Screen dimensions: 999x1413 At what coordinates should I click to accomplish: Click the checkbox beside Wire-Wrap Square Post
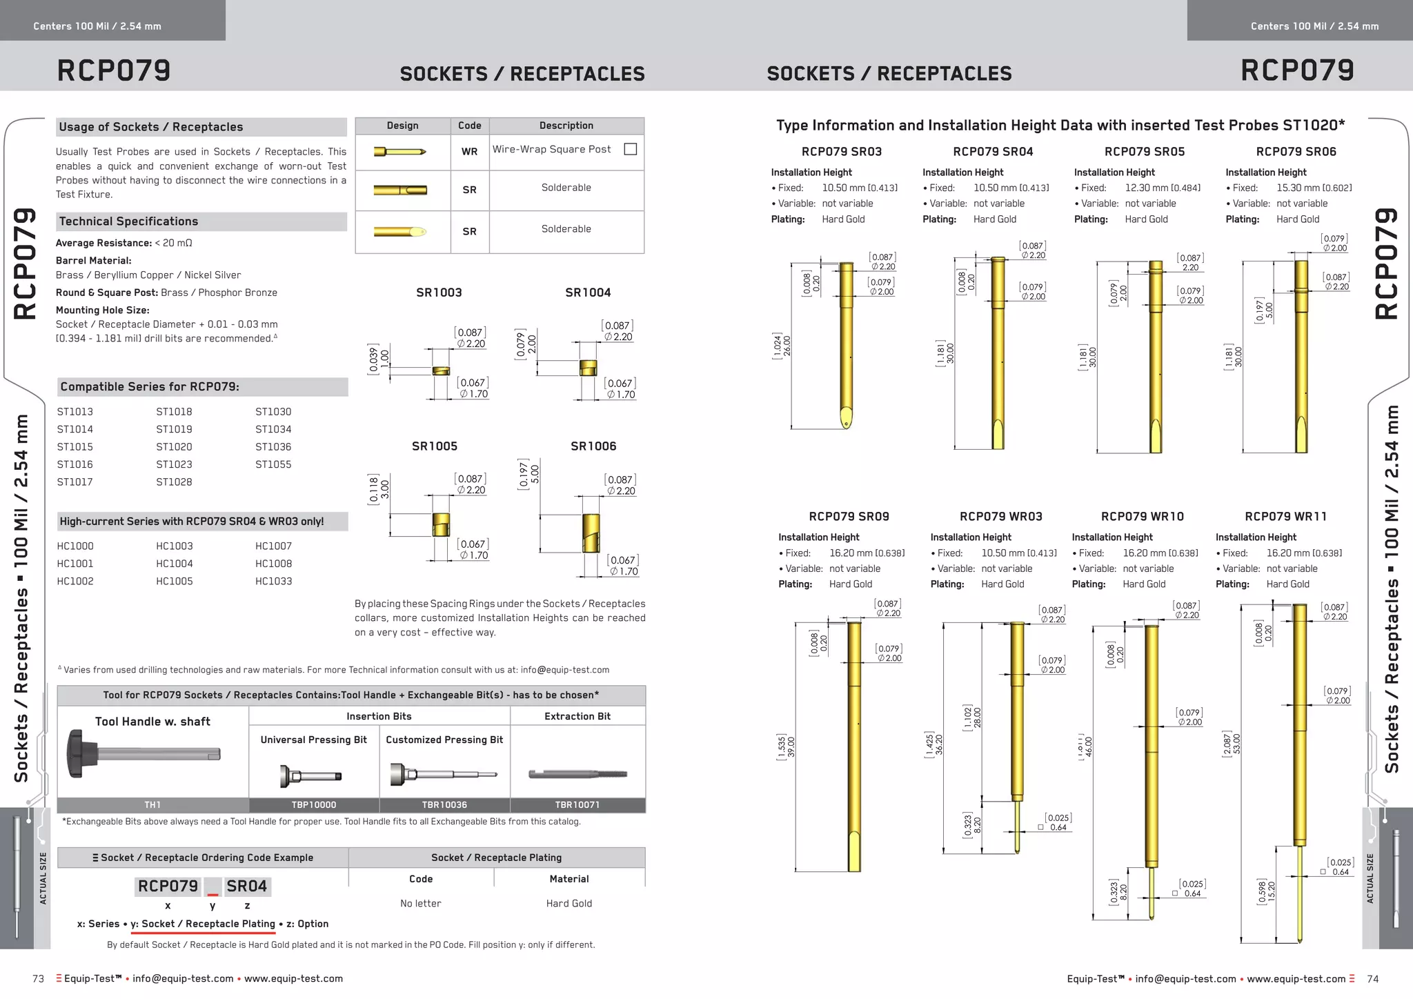(x=630, y=149)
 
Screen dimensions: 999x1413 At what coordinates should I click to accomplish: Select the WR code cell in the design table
(x=469, y=152)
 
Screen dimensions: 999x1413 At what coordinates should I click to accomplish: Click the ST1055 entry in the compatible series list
(x=273, y=464)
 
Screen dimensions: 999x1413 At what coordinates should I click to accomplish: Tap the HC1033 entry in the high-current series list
(x=273, y=581)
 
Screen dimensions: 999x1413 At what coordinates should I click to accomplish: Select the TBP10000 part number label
(x=314, y=805)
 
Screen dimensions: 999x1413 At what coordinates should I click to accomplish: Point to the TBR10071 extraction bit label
(x=577, y=805)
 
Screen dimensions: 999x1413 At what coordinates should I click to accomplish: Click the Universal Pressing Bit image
(x=311, y=775)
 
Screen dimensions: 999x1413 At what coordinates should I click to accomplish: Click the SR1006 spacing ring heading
(x=593, y=446)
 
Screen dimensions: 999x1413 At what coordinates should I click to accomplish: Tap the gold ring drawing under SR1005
(x=441, y=524)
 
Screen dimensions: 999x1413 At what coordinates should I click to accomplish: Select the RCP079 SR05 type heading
(x=1145, y=152)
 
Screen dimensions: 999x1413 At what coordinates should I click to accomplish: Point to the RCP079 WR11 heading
(x=1285, y=517)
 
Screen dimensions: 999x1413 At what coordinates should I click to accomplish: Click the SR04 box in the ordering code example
(x=246, y=887)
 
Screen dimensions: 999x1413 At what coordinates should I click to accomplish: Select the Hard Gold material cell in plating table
(x=569, y=904)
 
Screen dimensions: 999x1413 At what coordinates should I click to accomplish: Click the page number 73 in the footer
(x=39, y=979)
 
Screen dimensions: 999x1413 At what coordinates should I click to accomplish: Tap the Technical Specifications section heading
(x=128, y=221)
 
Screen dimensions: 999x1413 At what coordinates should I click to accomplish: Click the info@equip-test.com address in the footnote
(x=564, y=670)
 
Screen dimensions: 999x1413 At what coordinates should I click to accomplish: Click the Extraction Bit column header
(x=577, y=717)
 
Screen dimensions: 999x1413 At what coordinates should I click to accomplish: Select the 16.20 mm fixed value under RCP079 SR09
(x=867, y=553)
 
